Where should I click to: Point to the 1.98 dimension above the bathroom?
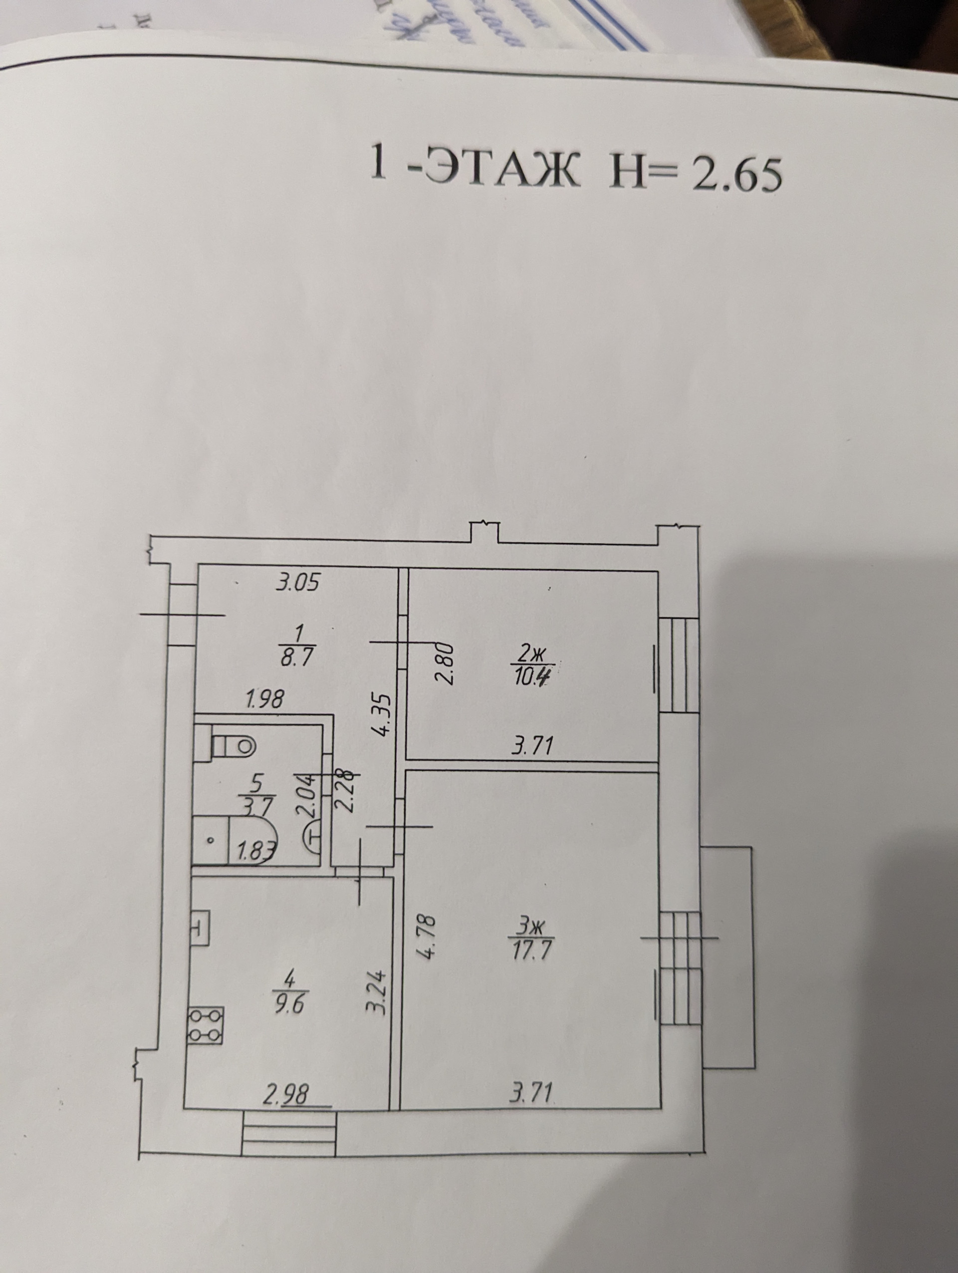[x=264, y=700]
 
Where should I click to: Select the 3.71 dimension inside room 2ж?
[x=532, y=746]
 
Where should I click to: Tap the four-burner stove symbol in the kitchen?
[x=205, y=1025]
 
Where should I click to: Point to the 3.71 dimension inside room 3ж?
[x=532, y=1091]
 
